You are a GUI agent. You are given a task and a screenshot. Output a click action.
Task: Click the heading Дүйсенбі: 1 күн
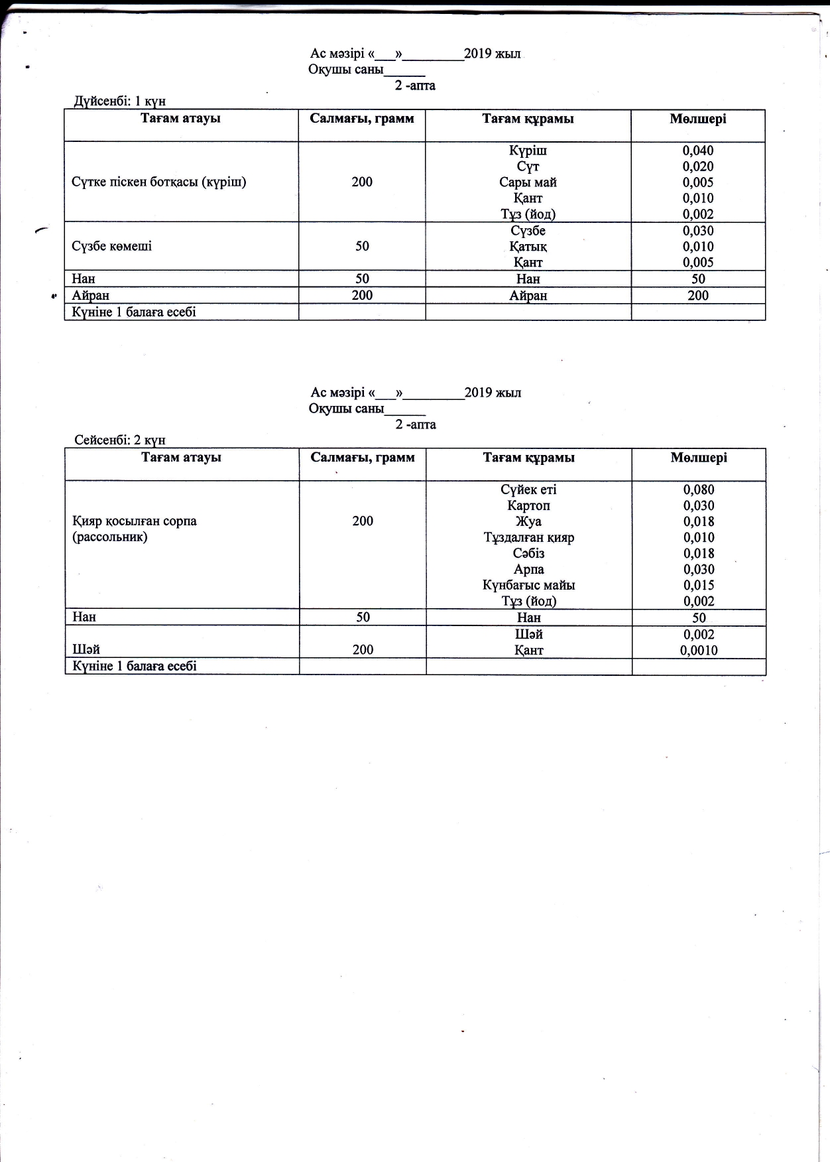click(119, 101)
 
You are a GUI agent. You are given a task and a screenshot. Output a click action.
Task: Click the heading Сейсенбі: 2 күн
click(120, 440)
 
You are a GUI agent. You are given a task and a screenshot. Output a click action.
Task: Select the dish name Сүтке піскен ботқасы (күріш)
click(159, 182)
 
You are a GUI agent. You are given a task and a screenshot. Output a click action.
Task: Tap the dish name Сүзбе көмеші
click(111, 246)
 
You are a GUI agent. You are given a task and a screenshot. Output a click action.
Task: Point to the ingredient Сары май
click(528, 182)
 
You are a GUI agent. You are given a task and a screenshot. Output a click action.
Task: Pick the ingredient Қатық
click(528, 247)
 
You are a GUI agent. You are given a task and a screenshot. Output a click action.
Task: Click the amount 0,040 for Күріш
click(698, 151)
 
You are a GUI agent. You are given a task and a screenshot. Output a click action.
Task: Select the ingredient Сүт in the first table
click(528, 166)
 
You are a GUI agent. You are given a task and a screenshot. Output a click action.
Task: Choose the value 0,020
click(698, 166)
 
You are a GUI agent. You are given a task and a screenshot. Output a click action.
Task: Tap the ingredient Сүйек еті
click(528, 489)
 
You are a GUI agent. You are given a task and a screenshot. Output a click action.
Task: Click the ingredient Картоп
click(528, 505)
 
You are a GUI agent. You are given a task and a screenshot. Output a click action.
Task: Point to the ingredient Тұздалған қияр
click(528, 537)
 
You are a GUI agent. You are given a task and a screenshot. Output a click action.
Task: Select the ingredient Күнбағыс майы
click(528, 585)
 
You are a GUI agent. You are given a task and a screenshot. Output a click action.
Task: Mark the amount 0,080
click(699, 489)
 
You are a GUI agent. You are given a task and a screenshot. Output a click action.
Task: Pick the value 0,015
click(699, 585)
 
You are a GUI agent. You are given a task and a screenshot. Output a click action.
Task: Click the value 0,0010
click(699, 651)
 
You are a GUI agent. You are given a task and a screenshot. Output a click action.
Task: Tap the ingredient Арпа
click(528, 569)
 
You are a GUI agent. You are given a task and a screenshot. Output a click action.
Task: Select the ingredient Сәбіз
click(528, 553)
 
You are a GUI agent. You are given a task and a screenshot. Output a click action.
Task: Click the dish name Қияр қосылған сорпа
click(135, 521)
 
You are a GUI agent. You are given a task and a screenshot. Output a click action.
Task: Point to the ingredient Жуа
click(528, 521)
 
